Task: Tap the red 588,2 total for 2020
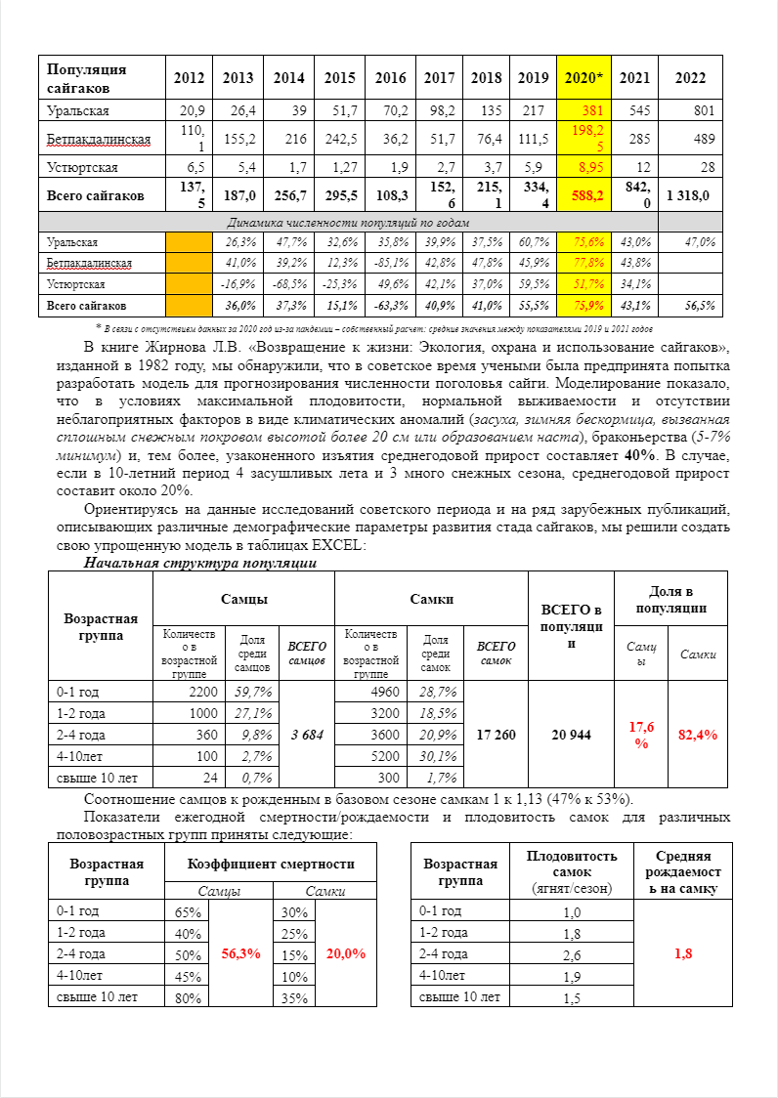tap(585, 195)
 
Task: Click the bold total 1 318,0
tap(688, 195)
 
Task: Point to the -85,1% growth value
tap(390, 262)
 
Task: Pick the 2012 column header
tap(189, 78)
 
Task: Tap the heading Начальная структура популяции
tap(199, 563)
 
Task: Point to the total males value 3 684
tap(306, 734)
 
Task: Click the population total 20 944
tap(571, 734)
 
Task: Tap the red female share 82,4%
tap(698, 734)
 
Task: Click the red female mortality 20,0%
tap(346, 953)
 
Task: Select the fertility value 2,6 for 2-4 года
tap(572, 954)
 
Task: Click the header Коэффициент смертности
tap(271, 864)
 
